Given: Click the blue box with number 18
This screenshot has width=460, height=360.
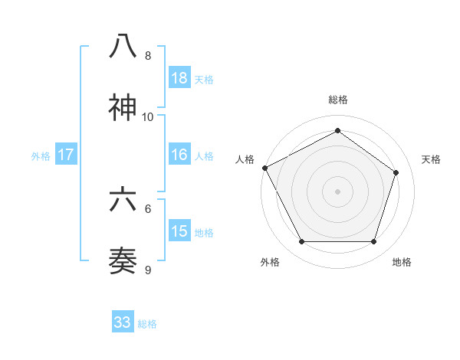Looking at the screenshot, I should (179, 78).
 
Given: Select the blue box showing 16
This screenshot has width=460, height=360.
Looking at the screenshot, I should (179, 155).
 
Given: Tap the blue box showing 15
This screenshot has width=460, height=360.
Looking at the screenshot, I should (179, 231).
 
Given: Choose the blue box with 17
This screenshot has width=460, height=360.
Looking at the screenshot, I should (66, 155).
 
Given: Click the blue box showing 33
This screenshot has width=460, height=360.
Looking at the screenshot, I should (123, 322).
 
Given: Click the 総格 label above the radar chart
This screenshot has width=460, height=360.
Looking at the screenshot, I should (337, 100).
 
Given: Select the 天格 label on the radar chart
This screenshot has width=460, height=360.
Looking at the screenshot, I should (431, 159).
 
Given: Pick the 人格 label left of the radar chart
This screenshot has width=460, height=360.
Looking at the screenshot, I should (245, 159).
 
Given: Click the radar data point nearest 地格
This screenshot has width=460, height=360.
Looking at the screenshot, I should (373, 242).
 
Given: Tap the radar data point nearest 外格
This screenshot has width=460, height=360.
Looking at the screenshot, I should (301, 242).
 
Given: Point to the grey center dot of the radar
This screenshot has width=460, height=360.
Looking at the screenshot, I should (337, 191).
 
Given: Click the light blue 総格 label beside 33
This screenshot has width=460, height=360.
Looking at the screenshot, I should (147, 324).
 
